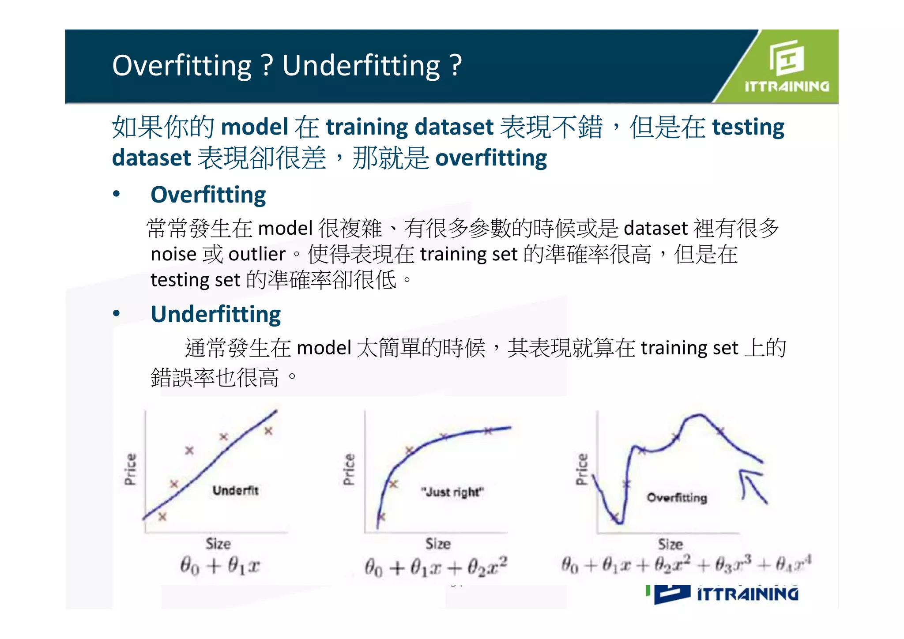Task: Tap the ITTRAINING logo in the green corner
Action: [x=786, y=66]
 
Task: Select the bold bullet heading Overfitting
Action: [x=208, y=195]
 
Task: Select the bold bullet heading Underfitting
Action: [x=215, y=314]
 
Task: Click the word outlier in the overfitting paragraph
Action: [x=257, y=254]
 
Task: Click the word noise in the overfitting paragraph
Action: [x=173, y=254]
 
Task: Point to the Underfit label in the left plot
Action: [x=235, y=490]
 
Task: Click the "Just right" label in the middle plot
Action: [x=452, y=492]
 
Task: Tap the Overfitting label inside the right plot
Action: [x=677, y=498]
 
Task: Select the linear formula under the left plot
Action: [x=219, y=565]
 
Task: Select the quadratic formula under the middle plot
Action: [x=436, y=567]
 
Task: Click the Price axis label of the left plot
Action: [x=130, y=469]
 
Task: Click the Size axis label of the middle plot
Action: [x=438, y=544]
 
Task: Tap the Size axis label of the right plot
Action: [x=670, y=544]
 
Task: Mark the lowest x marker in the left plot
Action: [x=162, y=516]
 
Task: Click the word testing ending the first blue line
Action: [x=748, y=127]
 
